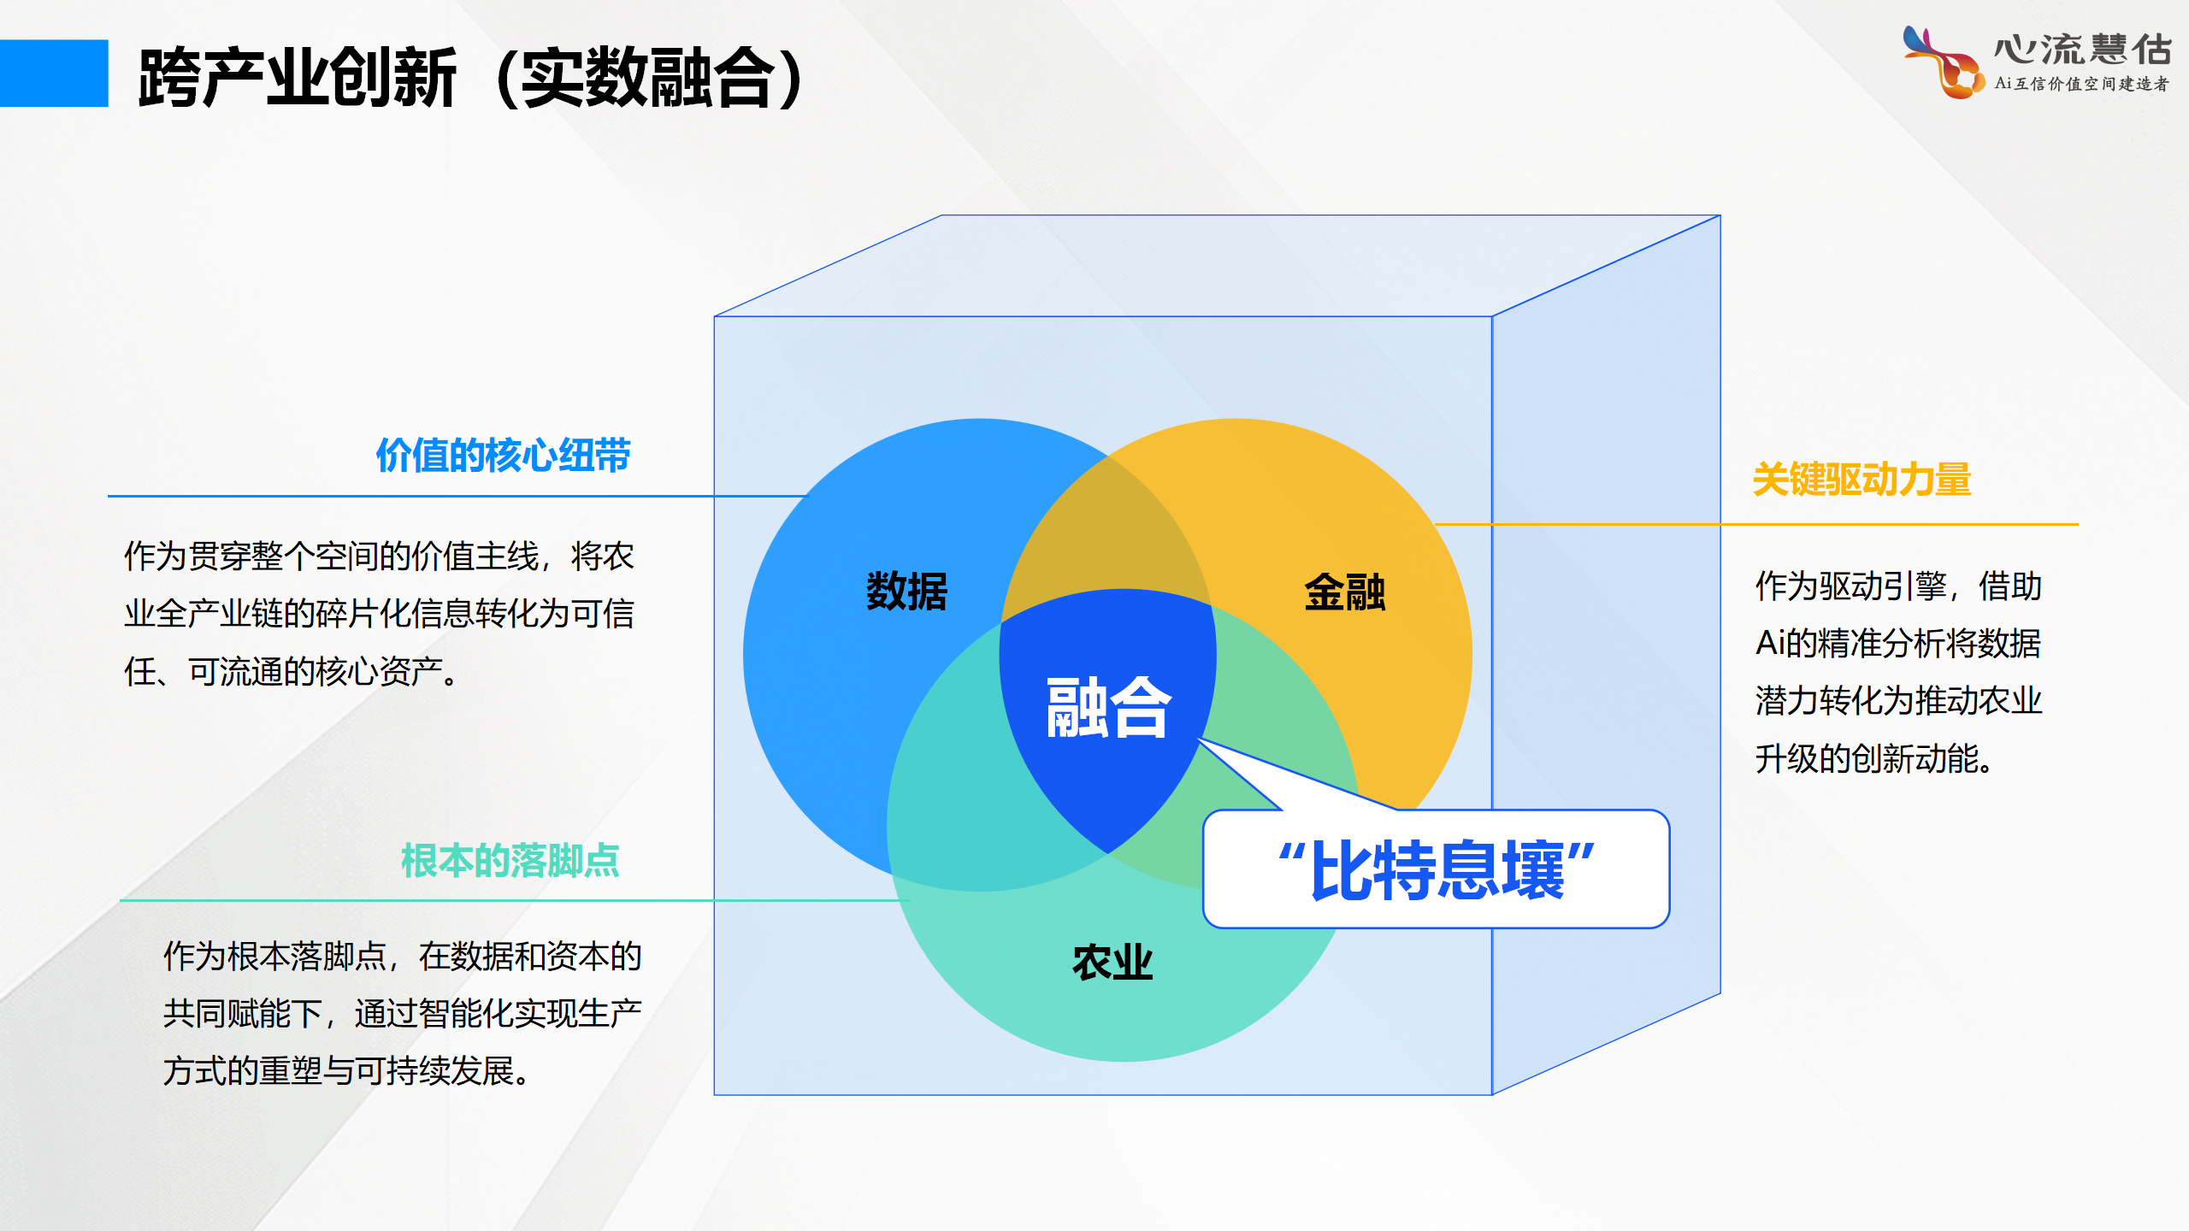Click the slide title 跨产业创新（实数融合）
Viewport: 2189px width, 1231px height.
point(471,78)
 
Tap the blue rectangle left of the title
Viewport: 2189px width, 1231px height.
point(54,74)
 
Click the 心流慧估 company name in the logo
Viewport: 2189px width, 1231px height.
point(2083,50)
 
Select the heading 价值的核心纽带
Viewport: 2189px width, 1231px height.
point(503,455)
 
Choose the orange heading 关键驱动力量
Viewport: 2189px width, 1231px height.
point(1862,479)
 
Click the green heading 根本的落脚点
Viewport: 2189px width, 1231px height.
point(510,860)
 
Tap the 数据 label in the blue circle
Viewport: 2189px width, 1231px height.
point(906,592)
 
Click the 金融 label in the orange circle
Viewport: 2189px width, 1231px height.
point(1344,592)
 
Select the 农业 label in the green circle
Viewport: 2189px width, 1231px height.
point(1112,963)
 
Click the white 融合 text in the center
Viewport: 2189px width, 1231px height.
point(1108,707)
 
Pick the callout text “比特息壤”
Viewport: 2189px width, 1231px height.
point(1437,870)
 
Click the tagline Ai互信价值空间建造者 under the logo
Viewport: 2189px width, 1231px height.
point(2082,84)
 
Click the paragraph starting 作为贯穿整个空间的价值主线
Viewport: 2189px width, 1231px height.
point(379,614)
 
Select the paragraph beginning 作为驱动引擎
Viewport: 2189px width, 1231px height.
point(1898,672)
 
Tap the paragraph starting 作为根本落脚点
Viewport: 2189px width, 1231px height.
point(402,1013)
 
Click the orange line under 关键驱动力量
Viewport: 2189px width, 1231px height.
point(1756,524)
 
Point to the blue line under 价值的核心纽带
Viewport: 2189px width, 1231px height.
point(458,496)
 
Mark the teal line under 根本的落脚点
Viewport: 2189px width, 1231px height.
point(515,900)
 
